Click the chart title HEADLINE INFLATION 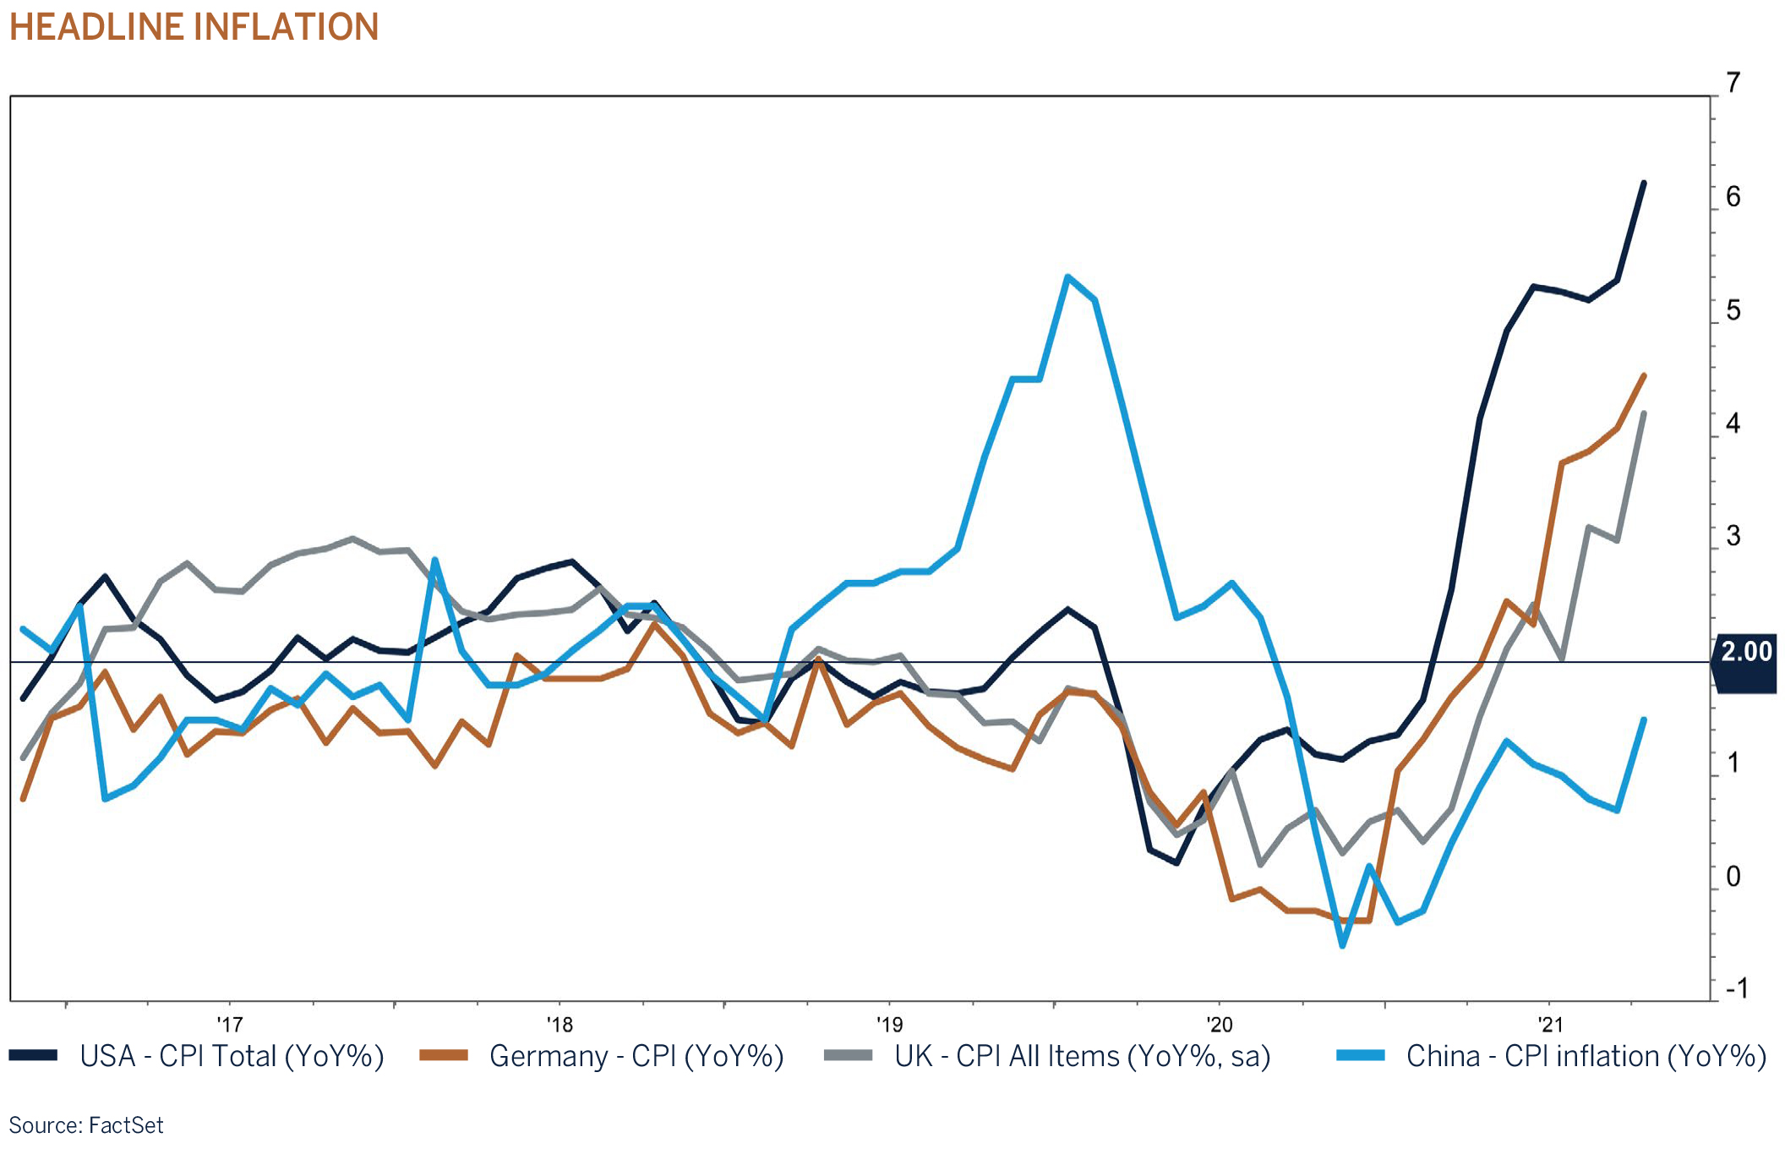194,27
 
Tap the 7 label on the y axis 1733,83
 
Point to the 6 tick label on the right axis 1733,197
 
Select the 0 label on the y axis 1733,877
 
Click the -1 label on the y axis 1736,988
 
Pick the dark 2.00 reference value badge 1745,652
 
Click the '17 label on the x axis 229,1025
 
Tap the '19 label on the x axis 889,1025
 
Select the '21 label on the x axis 1550,1025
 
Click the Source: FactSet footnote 86,1125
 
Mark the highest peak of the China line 1068,276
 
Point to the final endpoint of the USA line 1643,183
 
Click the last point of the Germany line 1643,375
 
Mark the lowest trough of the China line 1342,945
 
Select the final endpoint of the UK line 1643,413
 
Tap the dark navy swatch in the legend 33,1055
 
